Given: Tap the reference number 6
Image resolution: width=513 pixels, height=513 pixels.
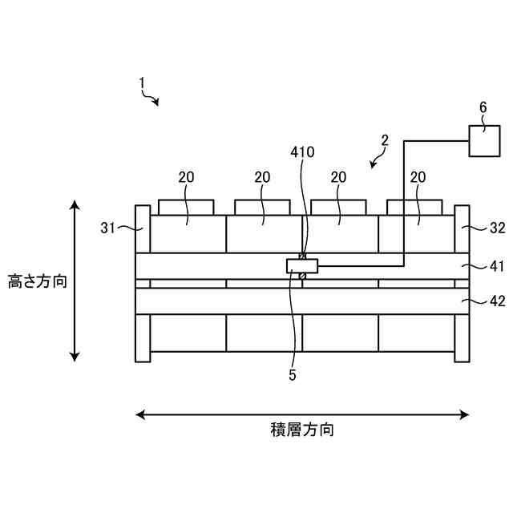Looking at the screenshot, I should (483, 107).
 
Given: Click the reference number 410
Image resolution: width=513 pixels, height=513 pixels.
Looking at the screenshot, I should (302, 151).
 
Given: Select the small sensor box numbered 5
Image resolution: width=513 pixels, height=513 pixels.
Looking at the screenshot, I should (302, 265).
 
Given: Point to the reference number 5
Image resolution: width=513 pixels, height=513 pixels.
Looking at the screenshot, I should (293, 373).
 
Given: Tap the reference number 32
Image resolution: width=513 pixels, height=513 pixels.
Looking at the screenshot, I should (497, 227).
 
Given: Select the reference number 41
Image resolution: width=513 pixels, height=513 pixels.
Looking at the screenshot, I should (497, 263).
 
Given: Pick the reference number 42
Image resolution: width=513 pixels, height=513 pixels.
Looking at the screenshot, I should (497, 301).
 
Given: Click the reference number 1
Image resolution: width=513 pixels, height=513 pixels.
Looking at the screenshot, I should (141, 83).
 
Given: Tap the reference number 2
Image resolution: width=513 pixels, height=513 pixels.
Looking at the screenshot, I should (385, 140).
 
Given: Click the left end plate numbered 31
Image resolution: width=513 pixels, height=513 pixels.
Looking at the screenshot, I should (143, 283).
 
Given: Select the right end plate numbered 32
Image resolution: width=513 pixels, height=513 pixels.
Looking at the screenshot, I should (462, 283).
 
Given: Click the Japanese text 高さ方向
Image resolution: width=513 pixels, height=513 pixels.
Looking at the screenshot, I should (38, 282).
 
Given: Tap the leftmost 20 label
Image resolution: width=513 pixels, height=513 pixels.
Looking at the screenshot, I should (186, 177).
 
